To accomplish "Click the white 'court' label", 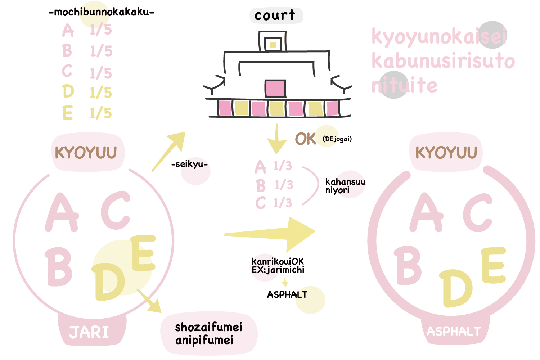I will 276,15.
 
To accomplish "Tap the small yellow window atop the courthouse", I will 273,45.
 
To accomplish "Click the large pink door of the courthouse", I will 275,89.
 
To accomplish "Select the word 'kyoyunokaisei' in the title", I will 439,36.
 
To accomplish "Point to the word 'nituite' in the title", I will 404,86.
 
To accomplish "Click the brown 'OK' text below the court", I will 305,139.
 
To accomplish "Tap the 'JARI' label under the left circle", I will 89,332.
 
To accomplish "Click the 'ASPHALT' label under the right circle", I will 454,331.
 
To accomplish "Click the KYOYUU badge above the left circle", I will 86,153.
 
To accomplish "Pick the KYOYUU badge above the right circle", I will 446,153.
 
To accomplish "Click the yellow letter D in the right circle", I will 456,288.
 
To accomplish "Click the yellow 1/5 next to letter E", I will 101,113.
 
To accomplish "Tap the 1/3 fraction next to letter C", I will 283,203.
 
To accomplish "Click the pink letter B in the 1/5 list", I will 67,50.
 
